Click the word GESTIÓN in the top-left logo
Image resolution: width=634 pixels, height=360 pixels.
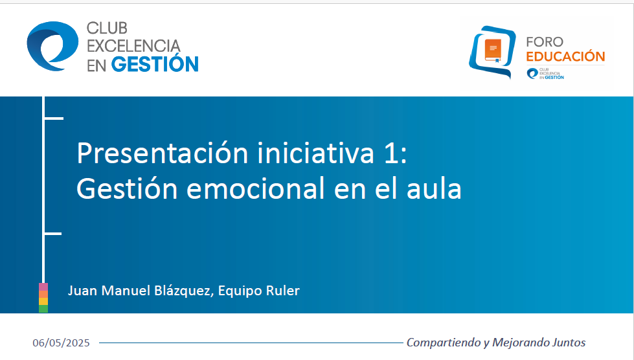(155, 64)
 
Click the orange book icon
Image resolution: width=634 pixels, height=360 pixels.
(493, 49)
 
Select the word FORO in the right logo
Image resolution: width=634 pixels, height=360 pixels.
(545, 42)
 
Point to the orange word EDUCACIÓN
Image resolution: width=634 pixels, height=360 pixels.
(565, 57)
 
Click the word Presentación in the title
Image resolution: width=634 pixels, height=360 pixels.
(162, 153)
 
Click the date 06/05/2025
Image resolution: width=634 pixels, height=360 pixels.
(62, 343)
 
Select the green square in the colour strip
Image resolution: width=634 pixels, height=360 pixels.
(43, 309)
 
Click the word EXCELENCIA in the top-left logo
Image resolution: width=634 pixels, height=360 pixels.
(133, 46)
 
